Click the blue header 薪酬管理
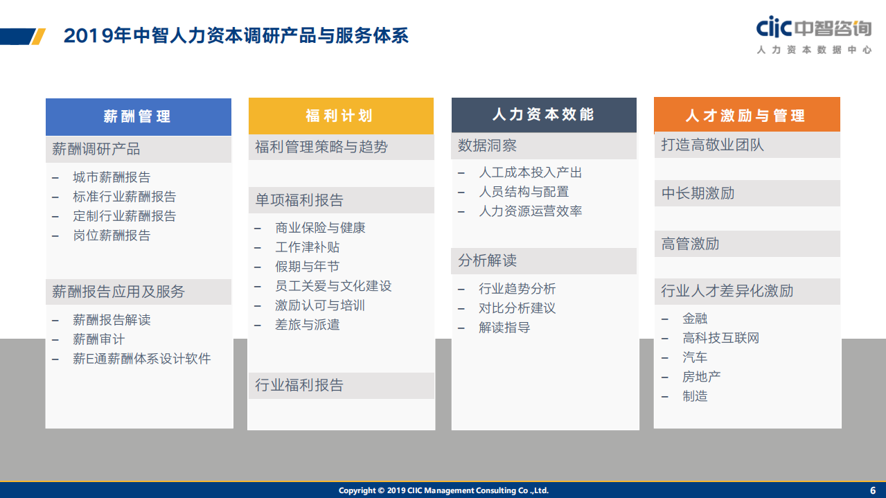(139, 116)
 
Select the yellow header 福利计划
(341, 116)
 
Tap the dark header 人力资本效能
(544, 114)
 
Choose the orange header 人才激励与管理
(746, 115)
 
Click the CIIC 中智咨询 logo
(813, 35)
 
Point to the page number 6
(873, 490)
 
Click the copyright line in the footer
(443, 490)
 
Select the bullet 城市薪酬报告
(112, 177)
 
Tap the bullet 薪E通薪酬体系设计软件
(141, 359)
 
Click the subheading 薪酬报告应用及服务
(118, 292)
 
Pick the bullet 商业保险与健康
(320, 228)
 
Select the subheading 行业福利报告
(299, 385)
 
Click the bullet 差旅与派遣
(307, 325)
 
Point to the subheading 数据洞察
(487, 145)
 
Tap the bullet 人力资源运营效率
(530, 211)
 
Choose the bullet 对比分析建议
(517, 308)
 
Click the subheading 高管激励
(690, 244)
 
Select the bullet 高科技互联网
(720, 338)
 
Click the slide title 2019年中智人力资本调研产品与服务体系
(236, 35)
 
